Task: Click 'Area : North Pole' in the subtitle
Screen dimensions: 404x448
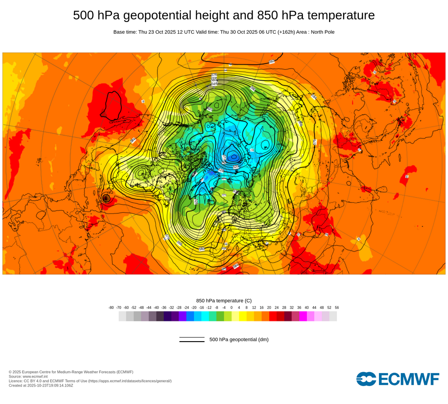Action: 315,32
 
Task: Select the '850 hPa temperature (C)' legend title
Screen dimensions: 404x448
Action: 224,300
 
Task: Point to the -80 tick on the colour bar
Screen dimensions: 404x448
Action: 111,307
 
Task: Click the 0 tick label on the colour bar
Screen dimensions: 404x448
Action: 232,307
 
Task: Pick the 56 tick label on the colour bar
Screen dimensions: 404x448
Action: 337,307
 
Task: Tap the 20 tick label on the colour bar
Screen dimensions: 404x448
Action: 269,307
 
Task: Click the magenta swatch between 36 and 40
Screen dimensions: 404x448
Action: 303,316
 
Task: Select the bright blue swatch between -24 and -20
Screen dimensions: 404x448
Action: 190,316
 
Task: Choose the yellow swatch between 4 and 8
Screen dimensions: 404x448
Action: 243,316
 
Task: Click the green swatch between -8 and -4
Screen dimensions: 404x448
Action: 220,316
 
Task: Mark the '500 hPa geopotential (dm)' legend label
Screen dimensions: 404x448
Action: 239,339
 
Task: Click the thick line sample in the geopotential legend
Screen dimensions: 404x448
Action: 192,341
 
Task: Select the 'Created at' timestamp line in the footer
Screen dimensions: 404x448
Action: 41,385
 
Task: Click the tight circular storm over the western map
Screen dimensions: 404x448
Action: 106,198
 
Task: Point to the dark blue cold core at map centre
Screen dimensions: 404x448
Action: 233,156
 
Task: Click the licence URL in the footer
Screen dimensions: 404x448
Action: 130,381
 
